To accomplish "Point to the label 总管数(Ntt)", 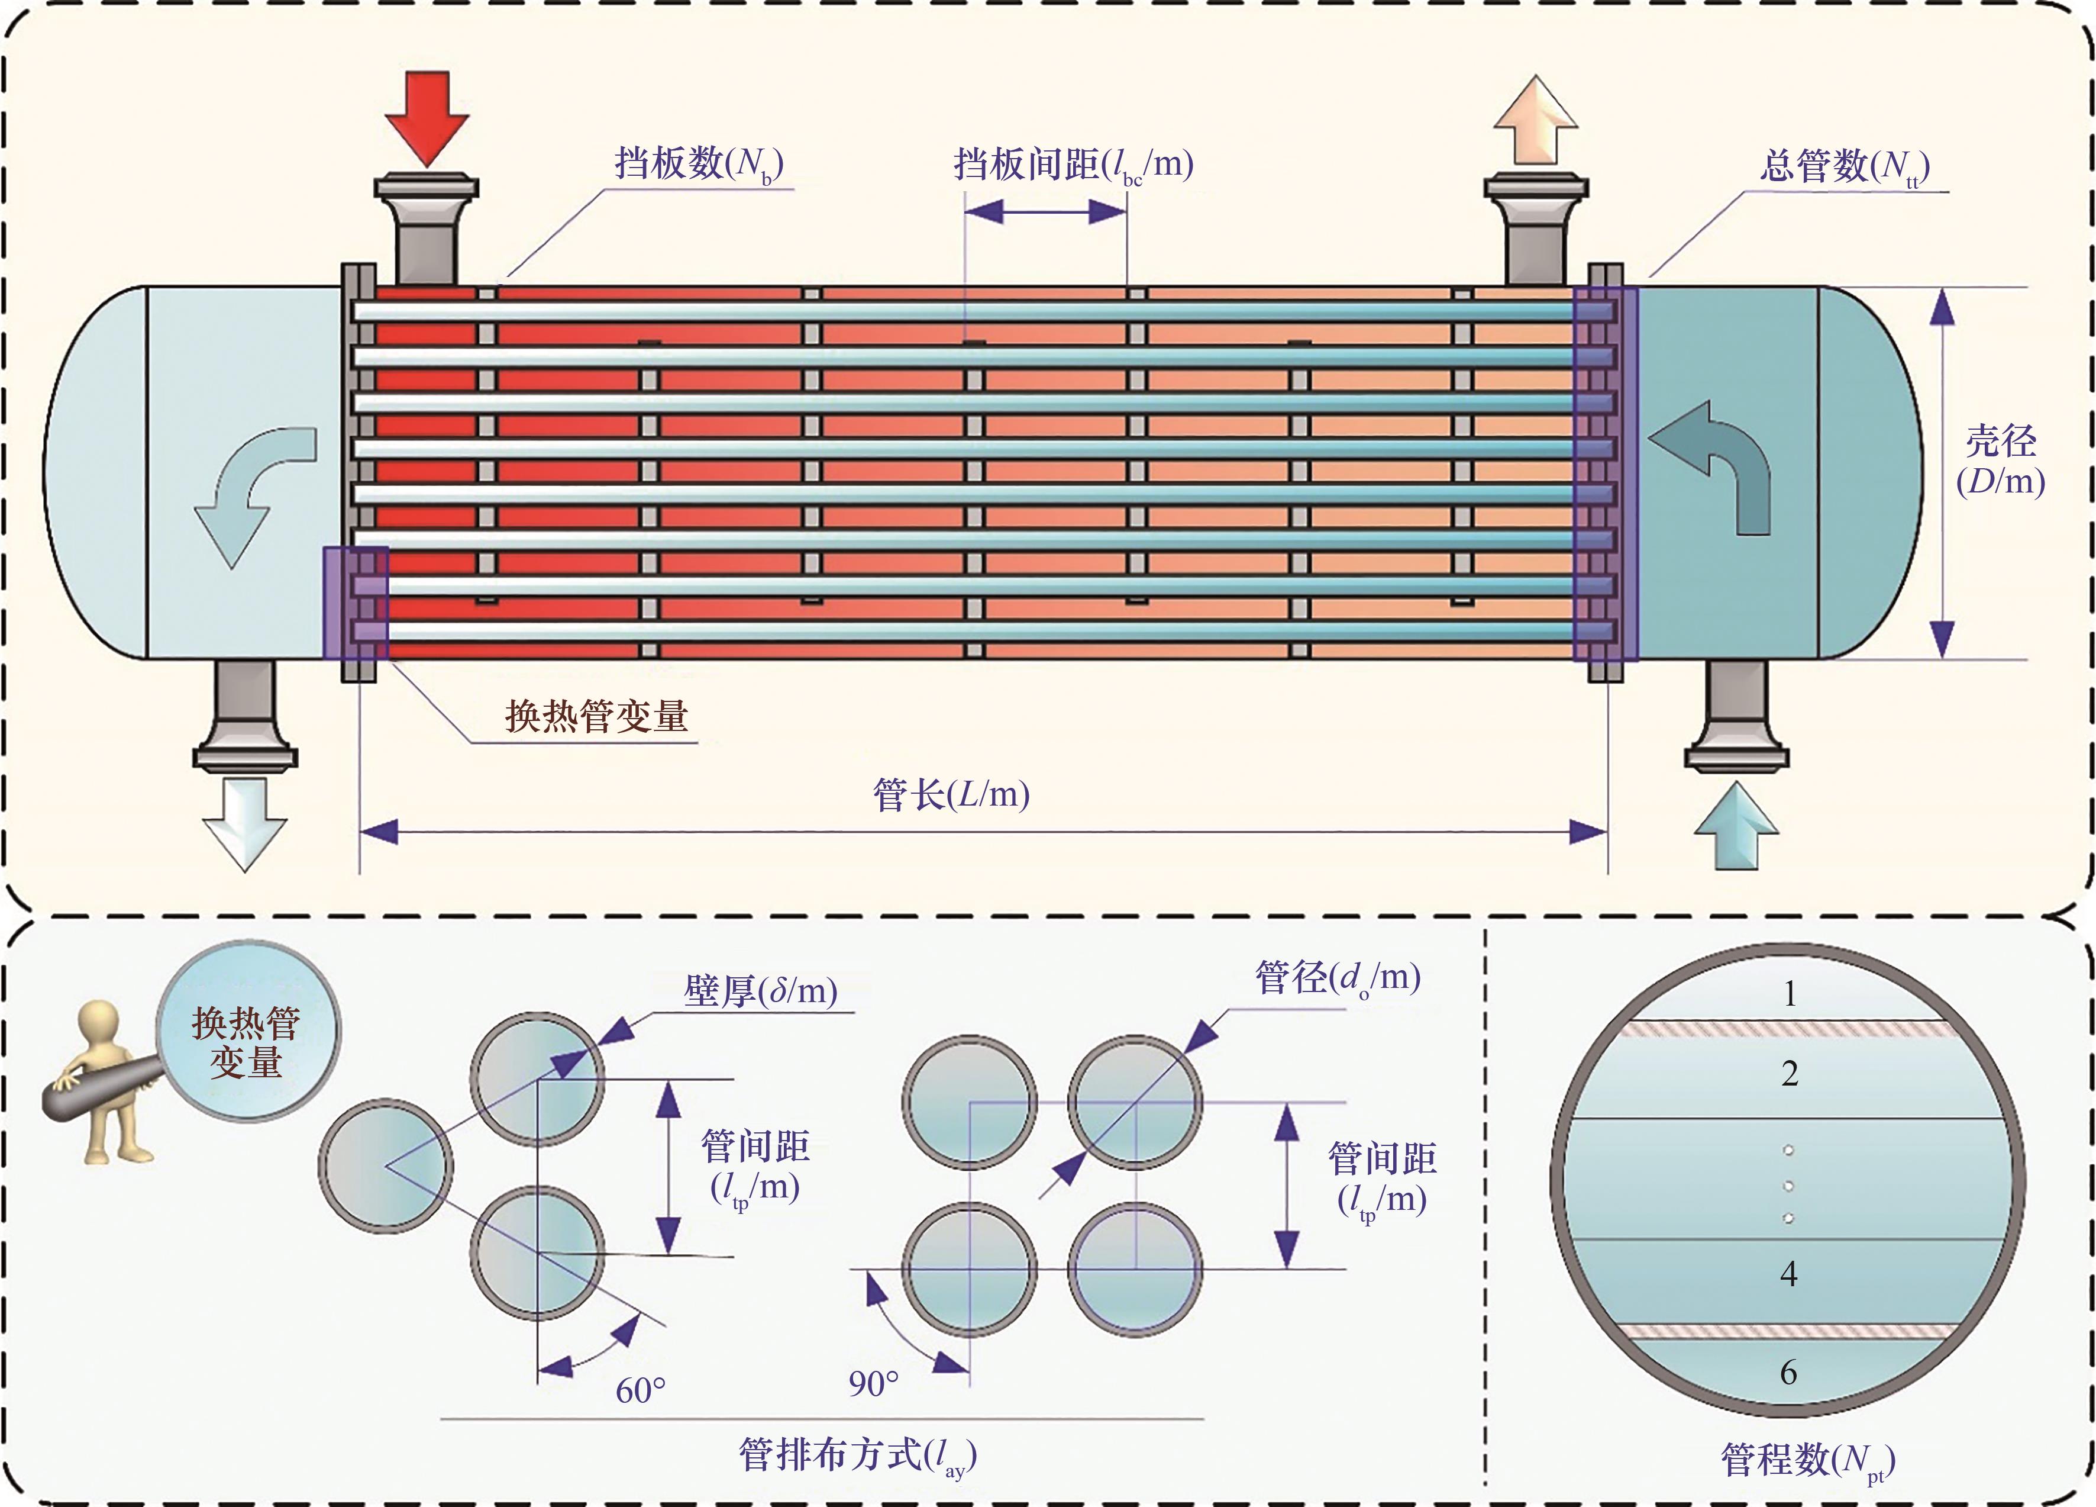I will point(1844,166).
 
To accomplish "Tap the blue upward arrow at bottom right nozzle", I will point(1736,827).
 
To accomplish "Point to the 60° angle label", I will point(641,1390).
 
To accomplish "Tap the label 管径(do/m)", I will point(1337,977).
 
